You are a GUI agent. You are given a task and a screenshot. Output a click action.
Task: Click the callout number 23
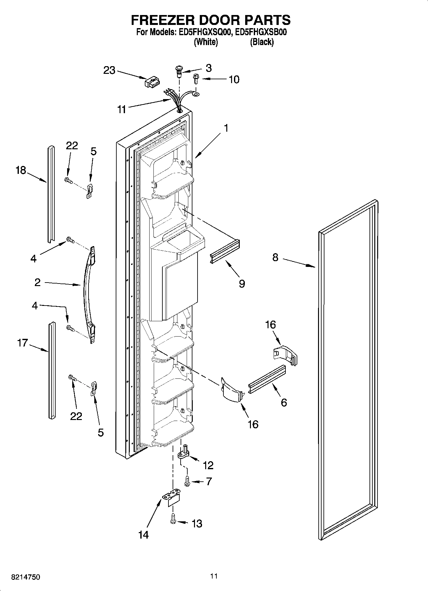109,70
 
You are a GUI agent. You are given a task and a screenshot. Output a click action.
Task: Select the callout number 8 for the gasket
275,257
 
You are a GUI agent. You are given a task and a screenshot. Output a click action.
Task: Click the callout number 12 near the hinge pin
208,465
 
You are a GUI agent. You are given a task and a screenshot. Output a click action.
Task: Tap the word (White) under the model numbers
206,42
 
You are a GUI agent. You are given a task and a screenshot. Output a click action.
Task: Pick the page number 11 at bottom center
214,576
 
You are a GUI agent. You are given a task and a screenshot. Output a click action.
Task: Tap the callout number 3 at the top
208,68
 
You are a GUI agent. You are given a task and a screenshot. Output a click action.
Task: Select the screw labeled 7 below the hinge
187,481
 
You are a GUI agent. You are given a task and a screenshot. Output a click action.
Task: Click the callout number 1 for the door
226,128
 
